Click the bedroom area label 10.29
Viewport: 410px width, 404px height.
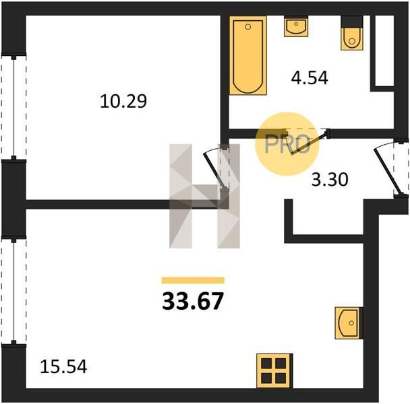123,101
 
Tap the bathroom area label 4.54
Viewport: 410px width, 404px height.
310,78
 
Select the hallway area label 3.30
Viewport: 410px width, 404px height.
330,180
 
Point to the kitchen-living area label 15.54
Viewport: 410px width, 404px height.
63,366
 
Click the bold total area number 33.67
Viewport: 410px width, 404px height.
193,301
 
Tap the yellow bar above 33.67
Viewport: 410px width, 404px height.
193,280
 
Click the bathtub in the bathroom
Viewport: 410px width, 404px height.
248,55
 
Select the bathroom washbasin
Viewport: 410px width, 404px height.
296,26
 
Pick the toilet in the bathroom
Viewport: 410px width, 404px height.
352,33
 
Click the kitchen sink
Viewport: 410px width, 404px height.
349,323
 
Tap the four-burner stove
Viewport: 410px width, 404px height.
274,370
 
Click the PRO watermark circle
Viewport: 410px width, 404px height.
287,144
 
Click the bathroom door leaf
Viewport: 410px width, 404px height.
309,144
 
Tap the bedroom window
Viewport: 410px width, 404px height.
14,106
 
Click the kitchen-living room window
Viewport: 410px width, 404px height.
14,291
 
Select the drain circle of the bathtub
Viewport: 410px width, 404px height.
248,27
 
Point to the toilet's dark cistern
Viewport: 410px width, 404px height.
352,22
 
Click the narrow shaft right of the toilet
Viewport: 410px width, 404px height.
384,51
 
